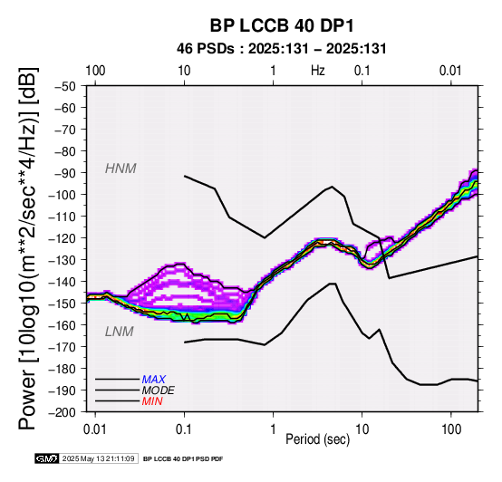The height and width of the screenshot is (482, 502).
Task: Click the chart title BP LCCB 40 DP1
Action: click(282, 25)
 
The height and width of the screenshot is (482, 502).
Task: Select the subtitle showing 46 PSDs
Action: click(282, 49)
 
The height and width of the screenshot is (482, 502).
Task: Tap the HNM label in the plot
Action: click(121, 169)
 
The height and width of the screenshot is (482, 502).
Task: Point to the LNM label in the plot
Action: click(119, 332)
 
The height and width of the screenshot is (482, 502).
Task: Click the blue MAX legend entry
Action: click(154, 380)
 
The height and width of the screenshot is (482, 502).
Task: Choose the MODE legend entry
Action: click(159, 390)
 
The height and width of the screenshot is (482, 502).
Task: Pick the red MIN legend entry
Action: click(152, 401)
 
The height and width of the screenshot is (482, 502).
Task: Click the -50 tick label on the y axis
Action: click(65, 86)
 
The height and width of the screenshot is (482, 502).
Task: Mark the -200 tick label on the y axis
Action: click(63, 412)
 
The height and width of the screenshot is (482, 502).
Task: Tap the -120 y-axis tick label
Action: click(63, 238)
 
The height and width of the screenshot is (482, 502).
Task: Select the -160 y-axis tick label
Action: click(63, 325)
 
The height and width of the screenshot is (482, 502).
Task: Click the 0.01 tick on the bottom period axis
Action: click(95, 429)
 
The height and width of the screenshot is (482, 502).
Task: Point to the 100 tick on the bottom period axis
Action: click(451, 429)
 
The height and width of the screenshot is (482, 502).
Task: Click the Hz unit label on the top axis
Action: click(317, 71)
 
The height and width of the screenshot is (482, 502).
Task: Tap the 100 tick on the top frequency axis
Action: click(95, 71)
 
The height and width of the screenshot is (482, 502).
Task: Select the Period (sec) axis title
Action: click(317, 439)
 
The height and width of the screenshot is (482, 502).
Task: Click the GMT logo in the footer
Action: click(47, 458)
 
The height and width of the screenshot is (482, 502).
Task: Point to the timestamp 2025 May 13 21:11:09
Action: click(98, 458)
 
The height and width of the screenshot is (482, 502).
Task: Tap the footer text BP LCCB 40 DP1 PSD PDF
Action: click(183, 459)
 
